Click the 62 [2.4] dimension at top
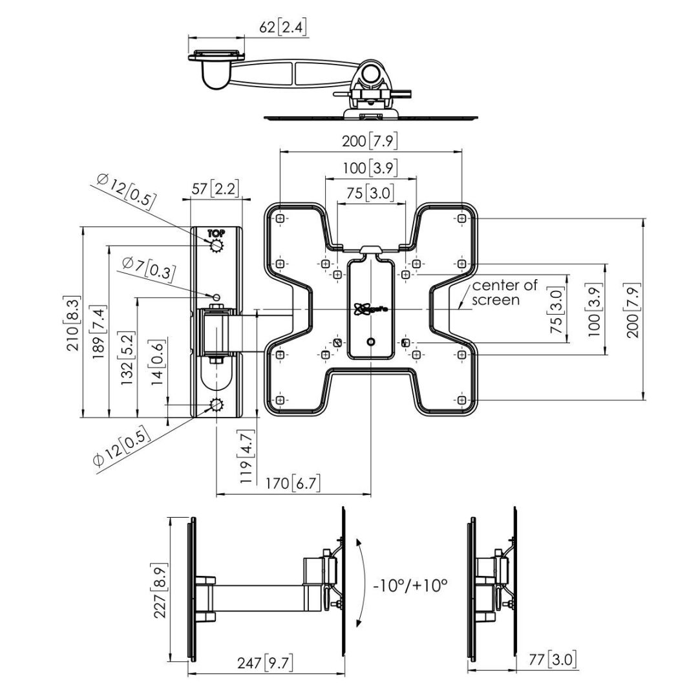(283, 27)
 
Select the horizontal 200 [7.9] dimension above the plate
(370, 140)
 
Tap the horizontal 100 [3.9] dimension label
(370, 168)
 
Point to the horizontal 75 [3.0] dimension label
(370, 193)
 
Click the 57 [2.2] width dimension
(216, 189)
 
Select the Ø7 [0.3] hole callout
(149, 268)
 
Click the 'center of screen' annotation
(504, 292)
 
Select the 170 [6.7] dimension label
(293, 482)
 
